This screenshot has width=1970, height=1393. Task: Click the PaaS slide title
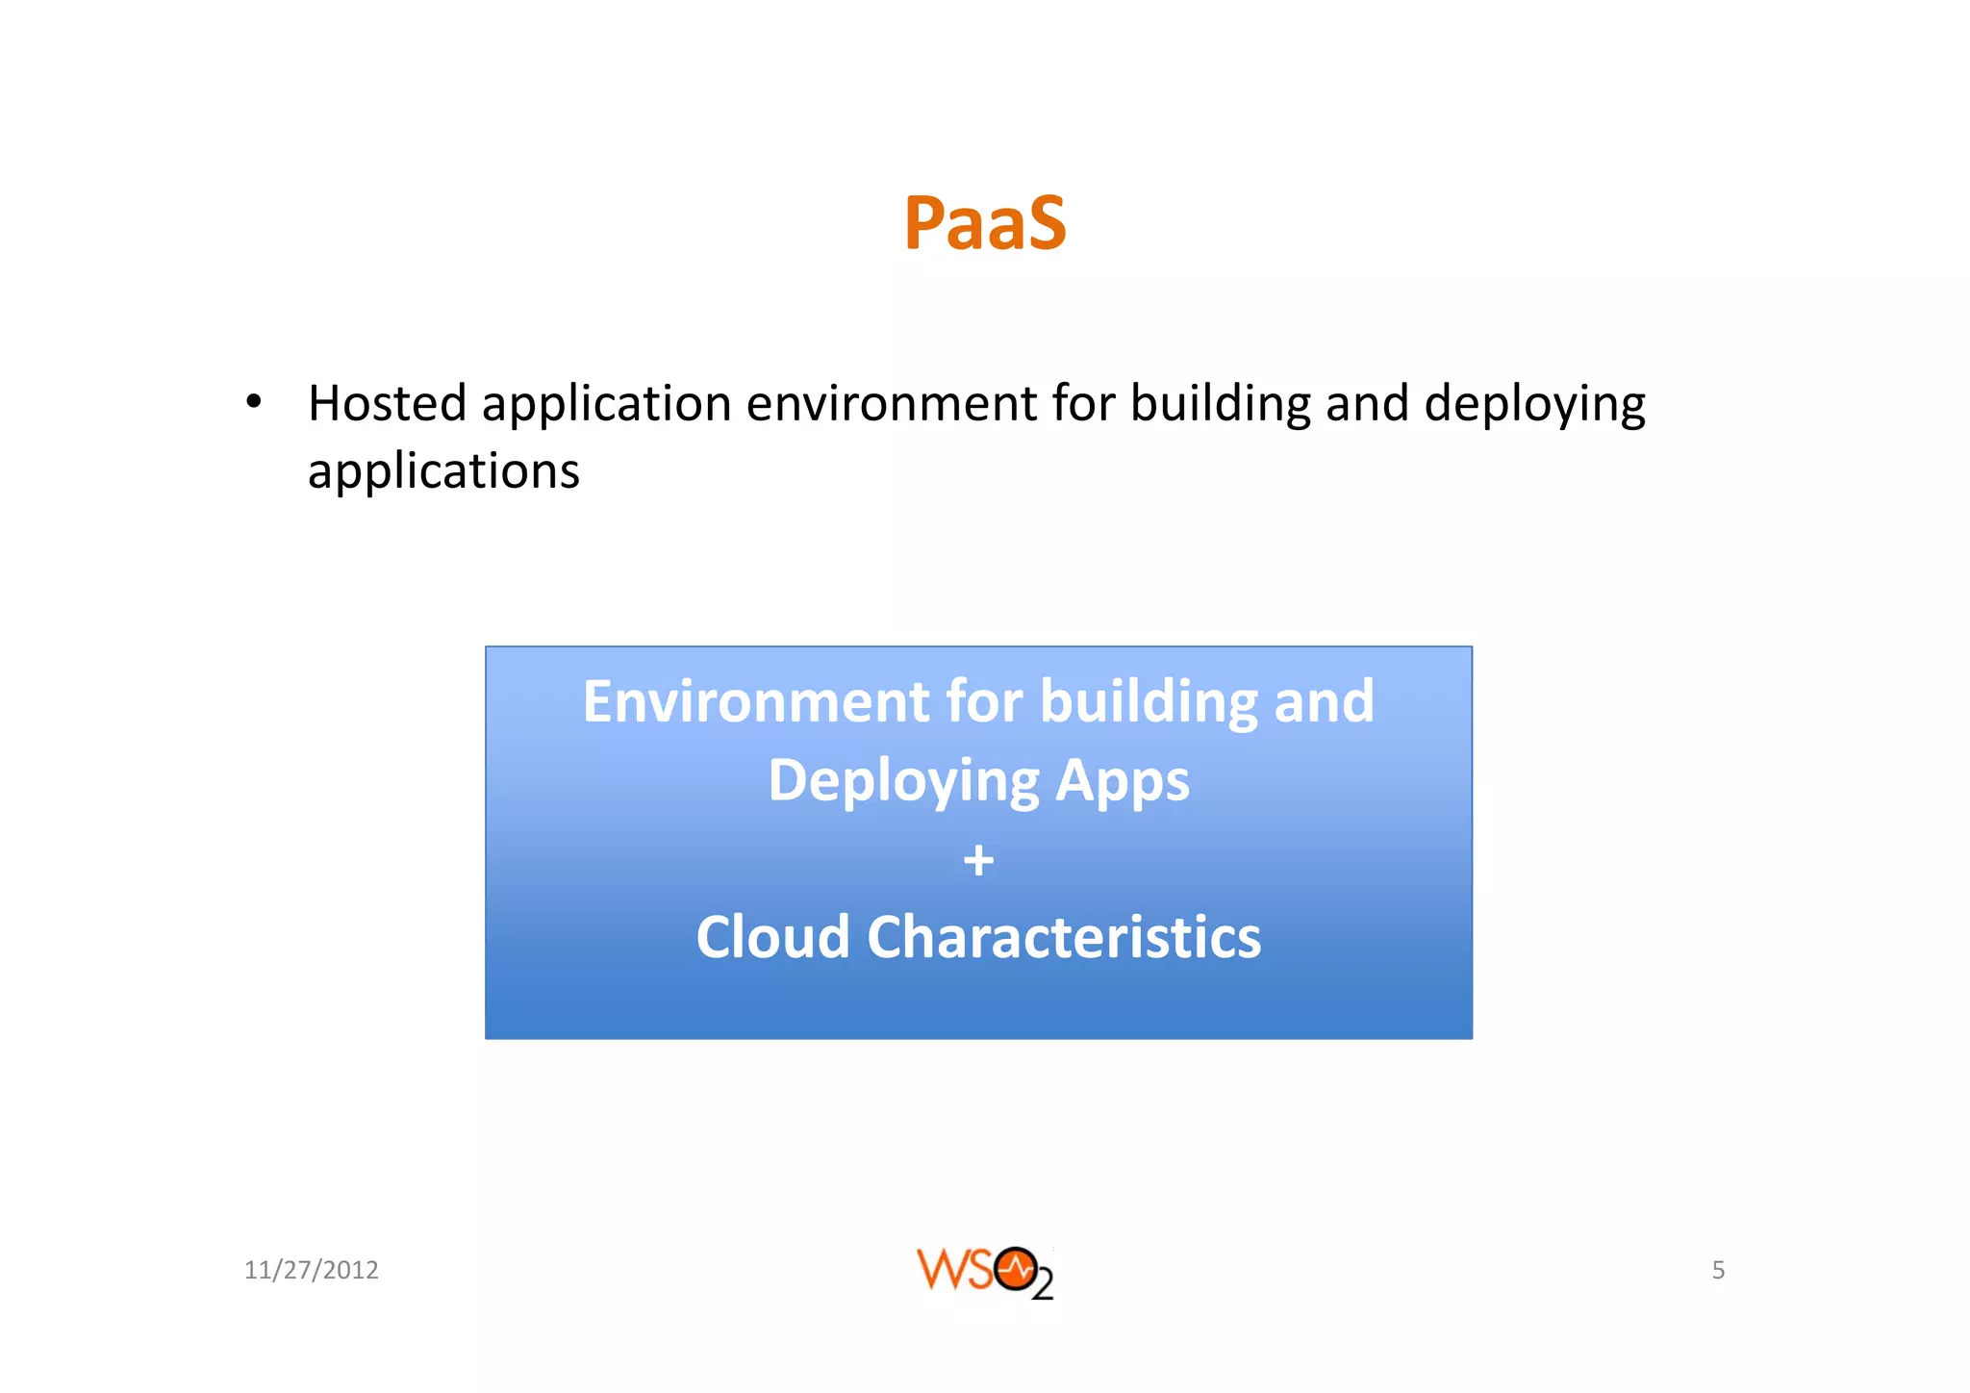pos(984,224)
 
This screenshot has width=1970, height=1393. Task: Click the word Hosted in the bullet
pos(387,403)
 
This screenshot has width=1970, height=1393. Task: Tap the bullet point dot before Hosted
pos(253,402)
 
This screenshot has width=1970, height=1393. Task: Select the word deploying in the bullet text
pos(1534,405)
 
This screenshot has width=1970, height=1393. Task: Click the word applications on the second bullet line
pos(443,472)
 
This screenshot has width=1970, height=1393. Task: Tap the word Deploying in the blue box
pos(902,781)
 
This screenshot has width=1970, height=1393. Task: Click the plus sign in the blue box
pos(978,859)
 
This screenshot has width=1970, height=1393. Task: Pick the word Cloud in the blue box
pos(772,937)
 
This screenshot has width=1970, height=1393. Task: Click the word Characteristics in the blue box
pos(1063,937)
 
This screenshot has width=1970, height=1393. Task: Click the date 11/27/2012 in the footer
pos(311,1270)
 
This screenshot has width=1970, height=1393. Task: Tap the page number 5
pos(1718,1270)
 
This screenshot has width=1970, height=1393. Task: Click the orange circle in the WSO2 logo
pos(1015,1269)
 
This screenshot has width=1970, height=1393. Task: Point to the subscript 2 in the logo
pos(1043,1286)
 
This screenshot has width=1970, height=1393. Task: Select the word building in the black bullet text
pos(1220,403)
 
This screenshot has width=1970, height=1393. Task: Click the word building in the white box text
pos(1148,701)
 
